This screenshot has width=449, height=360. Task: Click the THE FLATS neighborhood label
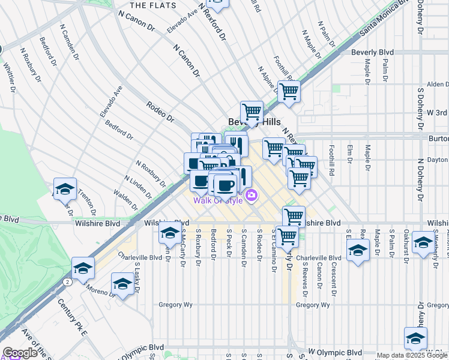(x=153, y=5)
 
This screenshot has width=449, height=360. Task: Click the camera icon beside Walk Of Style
(x=252, y=195)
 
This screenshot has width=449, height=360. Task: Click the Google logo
(x=20, y=353)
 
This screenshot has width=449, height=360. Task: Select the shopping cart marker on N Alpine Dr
(x=289, y=92)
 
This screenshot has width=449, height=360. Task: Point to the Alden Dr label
(x=438, y=85)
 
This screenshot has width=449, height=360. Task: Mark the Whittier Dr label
(x=10, y=77)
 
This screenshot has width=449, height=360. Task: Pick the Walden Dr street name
(x=125, y=201)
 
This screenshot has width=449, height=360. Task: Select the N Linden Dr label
(x=138, y=187)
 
